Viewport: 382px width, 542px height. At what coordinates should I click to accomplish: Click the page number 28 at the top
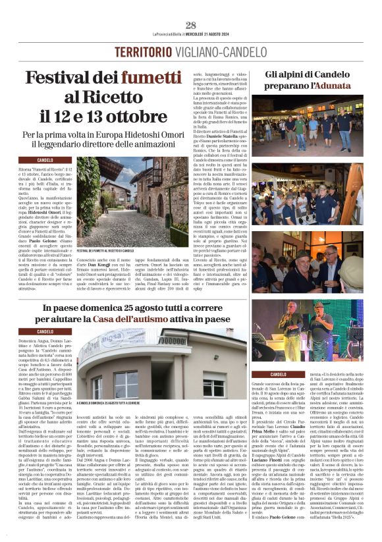coord(191,25)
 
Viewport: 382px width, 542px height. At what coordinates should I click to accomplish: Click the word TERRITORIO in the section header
coord(140,52)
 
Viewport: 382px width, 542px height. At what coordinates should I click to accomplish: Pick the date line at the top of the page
coord(191,35)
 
